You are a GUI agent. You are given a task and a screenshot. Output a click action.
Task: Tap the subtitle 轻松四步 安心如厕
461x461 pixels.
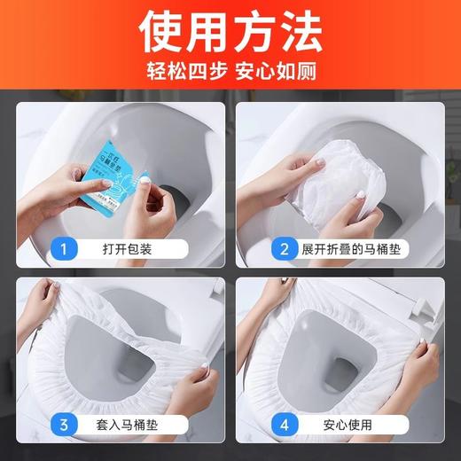pos(230,70)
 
